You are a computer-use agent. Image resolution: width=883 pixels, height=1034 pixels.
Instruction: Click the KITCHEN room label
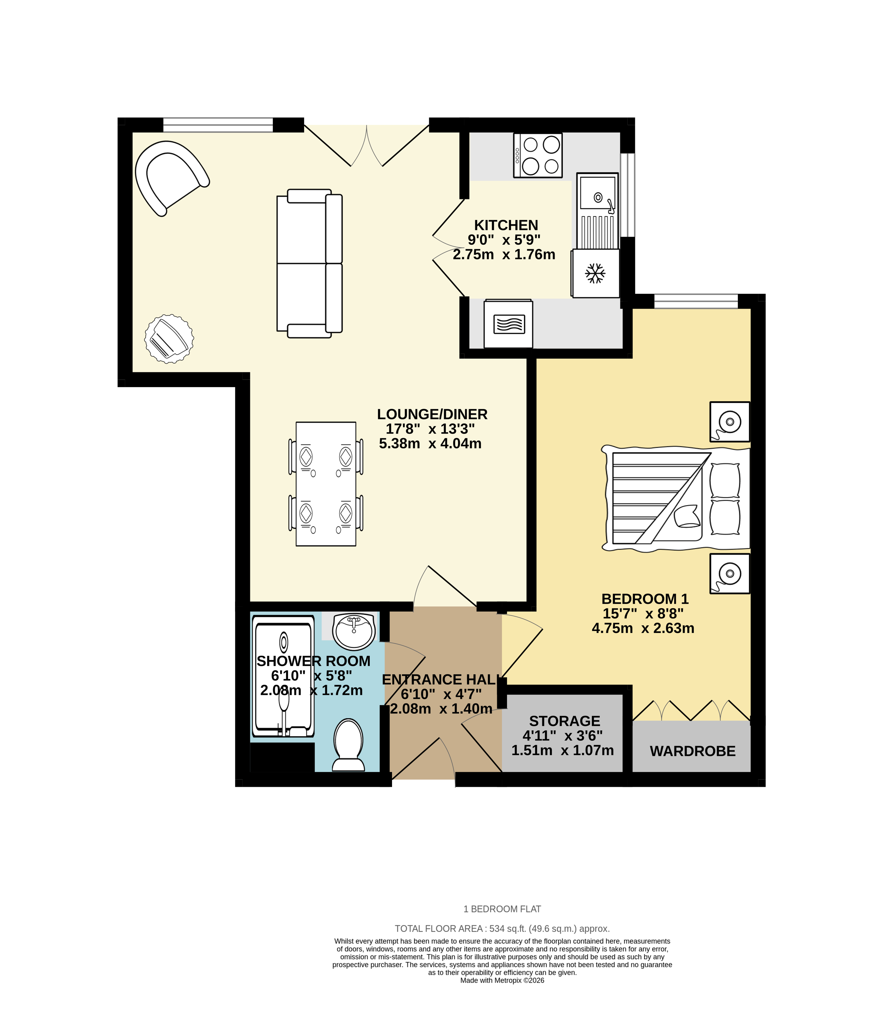[506, 225]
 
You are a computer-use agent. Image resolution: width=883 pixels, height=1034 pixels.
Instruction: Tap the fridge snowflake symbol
[595, 273]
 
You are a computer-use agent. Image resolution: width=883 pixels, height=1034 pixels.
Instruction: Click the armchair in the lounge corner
[170, 177]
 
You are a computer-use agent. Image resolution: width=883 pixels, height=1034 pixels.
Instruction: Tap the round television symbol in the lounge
[169, 338]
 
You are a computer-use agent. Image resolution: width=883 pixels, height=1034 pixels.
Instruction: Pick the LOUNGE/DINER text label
[432, 414]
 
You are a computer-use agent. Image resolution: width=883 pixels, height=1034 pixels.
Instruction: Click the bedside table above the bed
[729, 422]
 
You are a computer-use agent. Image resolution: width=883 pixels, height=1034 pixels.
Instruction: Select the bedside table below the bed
[729, 574]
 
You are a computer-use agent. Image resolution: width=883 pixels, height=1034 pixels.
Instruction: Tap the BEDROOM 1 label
[644, 599]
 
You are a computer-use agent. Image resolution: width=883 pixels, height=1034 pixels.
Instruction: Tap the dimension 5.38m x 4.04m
[430, 443]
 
